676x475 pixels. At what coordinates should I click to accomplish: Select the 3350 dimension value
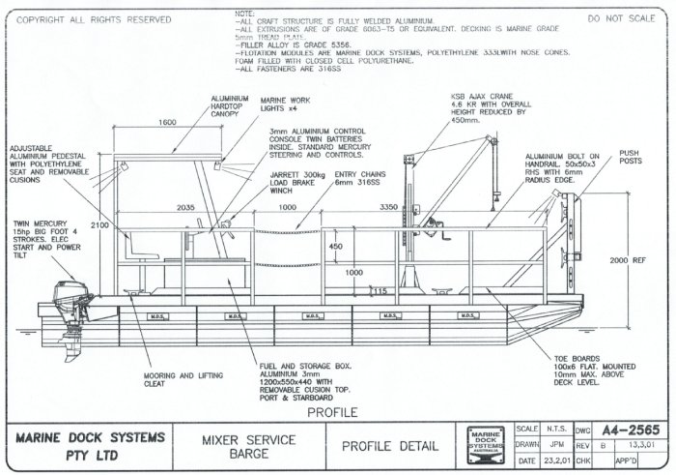390,207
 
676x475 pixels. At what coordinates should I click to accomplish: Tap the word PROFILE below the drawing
332,412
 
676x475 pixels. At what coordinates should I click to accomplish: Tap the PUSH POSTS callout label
629,157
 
